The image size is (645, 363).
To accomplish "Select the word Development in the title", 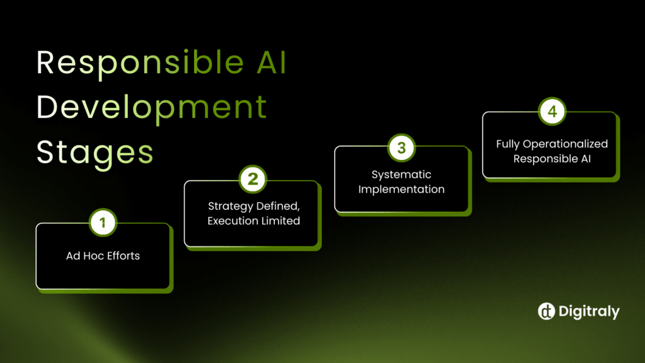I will coord(152,108).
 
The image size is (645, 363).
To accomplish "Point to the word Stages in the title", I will coord(95,152).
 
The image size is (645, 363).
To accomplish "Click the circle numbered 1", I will coord(103,222).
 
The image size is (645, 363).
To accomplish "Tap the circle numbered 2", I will coord(253,180).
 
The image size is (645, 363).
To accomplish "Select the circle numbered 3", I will coord(401,148).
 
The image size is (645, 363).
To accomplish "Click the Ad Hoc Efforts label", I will coord(103,256).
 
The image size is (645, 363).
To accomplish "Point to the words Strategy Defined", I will coord(254,206).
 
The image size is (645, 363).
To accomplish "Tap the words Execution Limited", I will coord(254,221).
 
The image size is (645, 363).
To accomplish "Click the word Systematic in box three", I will coord(401,175).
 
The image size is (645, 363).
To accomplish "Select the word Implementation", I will coord(401,189).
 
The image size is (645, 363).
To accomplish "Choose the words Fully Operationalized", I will coord(552,144).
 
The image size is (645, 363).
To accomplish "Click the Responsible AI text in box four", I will coord(552,159).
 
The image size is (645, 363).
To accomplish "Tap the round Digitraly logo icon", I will coord(545,311).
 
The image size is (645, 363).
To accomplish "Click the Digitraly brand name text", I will coord(588,311).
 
